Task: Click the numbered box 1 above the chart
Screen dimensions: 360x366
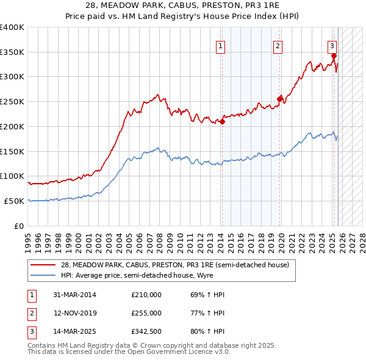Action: [220, 45]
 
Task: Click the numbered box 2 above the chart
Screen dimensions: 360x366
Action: [278, 45]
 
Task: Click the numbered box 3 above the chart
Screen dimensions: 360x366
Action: [332, 45]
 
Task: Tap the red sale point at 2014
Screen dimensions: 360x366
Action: [222, 121]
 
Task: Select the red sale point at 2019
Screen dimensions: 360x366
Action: [280, 99]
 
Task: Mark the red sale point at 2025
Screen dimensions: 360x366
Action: [334, 56]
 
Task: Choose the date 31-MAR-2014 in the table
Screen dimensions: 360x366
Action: [74, 295]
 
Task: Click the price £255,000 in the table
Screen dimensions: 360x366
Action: [146, 313]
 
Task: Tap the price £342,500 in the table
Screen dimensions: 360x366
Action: [146, 332]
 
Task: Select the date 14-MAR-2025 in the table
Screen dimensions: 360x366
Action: [74, 332]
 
